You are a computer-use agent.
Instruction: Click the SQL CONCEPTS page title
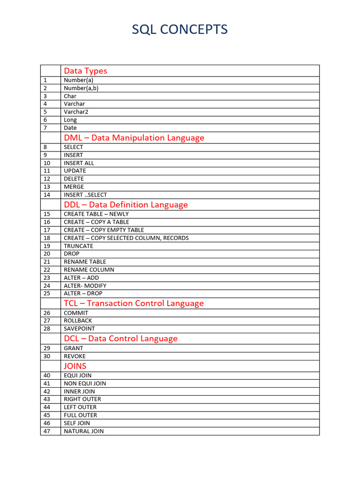(x=180, y=30)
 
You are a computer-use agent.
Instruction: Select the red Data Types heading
(x=85, y=71)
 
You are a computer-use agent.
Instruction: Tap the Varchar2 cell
(x=76, y=112)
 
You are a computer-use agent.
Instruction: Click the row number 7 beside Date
(x=45, y=127)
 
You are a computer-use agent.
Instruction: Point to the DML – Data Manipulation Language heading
(x=134, y=138)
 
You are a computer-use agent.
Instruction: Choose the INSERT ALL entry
(x=79, y=163)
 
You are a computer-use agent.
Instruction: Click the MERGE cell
(x=74, y=187)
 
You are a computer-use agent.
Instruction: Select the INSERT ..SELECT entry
(x=85, y=195)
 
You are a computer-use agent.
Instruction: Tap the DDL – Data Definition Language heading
(x=126, y=205)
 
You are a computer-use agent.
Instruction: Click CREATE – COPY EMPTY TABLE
(x=104, y=230)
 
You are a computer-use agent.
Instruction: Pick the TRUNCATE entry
(x=78, y=246)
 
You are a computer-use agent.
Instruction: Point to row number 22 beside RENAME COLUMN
(x=47, y=270)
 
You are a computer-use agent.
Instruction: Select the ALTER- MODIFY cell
(x=85, y=285)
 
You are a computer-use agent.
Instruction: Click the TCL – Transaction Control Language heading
(x=134, y=303)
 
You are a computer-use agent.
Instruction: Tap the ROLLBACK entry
(x=78, y=321)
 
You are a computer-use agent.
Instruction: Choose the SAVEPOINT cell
(x=79, y=329)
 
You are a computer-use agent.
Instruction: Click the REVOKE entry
(x=75, y=356)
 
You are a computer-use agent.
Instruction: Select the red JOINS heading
(x=75, y=366)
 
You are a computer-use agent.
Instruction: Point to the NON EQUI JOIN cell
(x=85, y=383)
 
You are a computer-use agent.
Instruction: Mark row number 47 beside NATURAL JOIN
(x=47, y=431)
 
